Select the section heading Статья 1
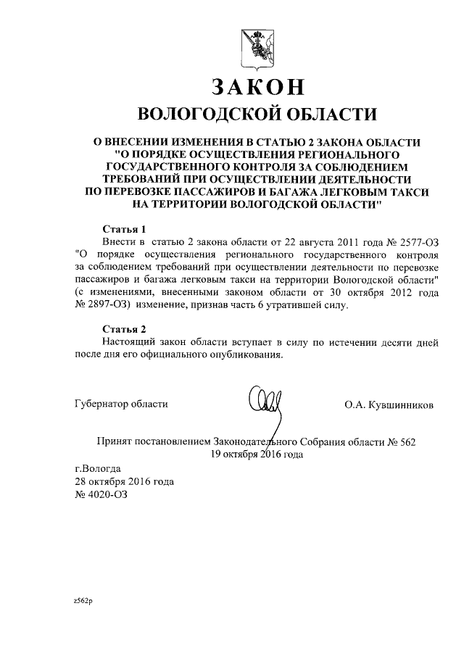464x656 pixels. (x=124, y=228)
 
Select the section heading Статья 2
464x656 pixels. (x=124, y=328)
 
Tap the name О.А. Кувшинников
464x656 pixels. (x=389, y=405)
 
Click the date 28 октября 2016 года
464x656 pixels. (x=124, y=482)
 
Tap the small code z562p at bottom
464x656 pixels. (x=83, y=601)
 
